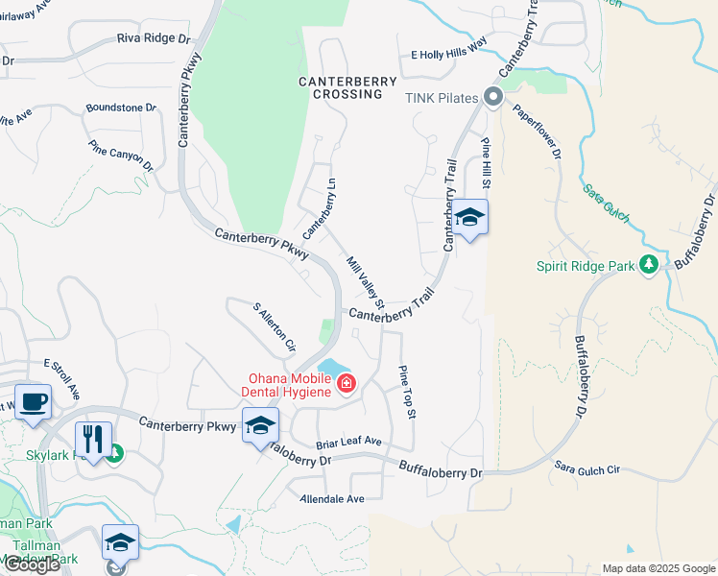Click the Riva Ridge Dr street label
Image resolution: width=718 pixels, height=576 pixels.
154,39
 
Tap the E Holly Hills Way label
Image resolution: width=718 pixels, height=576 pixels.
449,54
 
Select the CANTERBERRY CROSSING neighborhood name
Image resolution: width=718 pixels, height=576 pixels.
341,88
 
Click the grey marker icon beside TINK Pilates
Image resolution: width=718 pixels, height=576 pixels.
493,97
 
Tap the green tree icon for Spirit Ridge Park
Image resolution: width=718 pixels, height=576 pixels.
649,264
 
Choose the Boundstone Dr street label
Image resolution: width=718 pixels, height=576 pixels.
121,108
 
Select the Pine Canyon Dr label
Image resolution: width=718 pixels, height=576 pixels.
121,156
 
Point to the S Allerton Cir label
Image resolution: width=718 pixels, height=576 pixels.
275,326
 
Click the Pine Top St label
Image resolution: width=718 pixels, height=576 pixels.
407,392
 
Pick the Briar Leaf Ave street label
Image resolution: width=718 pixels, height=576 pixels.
349,443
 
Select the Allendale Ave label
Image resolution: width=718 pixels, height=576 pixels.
332,499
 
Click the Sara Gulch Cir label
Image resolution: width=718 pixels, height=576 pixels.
587,468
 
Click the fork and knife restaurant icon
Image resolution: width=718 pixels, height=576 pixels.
93,439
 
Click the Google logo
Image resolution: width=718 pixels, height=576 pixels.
32,564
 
